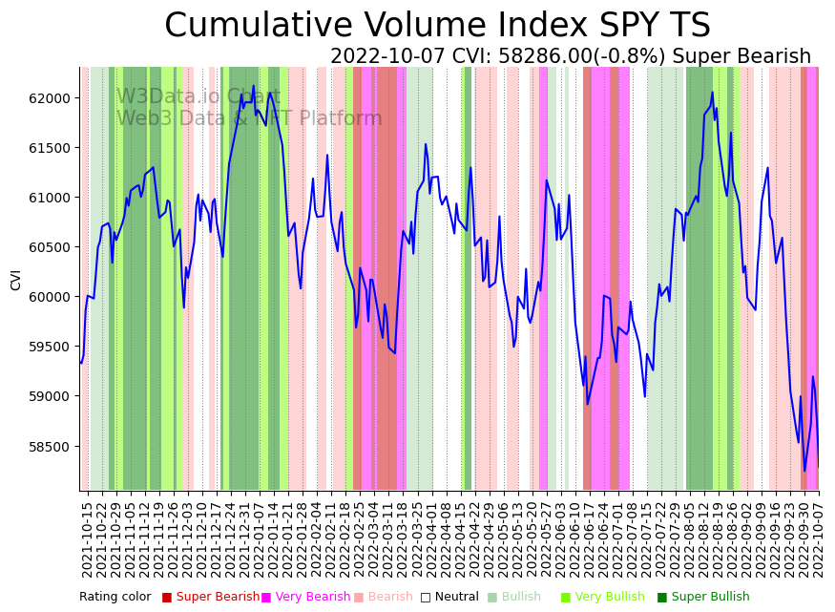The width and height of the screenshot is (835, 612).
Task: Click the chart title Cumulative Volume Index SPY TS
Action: point(437,26)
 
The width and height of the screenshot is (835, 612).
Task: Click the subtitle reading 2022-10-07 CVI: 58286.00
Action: point(570,57)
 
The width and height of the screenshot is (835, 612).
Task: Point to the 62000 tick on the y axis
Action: point(50,98)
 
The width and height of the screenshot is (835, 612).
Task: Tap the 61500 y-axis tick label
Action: point(50,148)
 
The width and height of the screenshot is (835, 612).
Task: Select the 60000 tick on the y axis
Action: point(50,297)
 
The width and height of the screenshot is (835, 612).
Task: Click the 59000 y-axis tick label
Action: point(50,396)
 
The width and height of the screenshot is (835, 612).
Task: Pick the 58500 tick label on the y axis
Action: point(50,447)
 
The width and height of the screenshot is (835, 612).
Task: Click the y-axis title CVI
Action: point(16,279)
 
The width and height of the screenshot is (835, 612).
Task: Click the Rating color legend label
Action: point(115,598)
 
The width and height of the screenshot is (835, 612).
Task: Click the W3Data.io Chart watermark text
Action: point(198,96)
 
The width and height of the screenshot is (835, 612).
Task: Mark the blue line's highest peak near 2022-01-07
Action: point(253,86)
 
